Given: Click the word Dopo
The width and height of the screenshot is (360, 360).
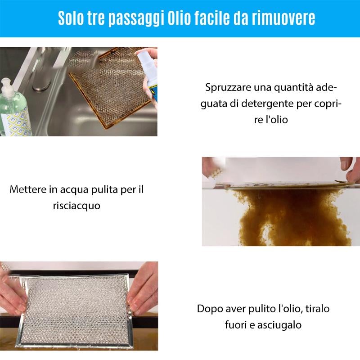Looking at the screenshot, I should [x=210, y=309].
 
